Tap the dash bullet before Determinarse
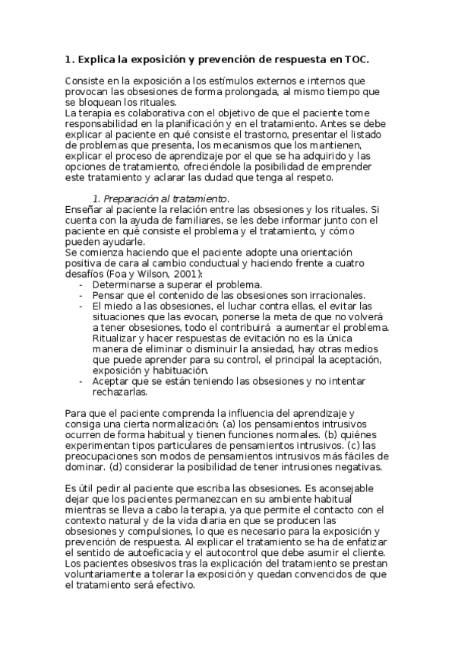pos(81,284)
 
